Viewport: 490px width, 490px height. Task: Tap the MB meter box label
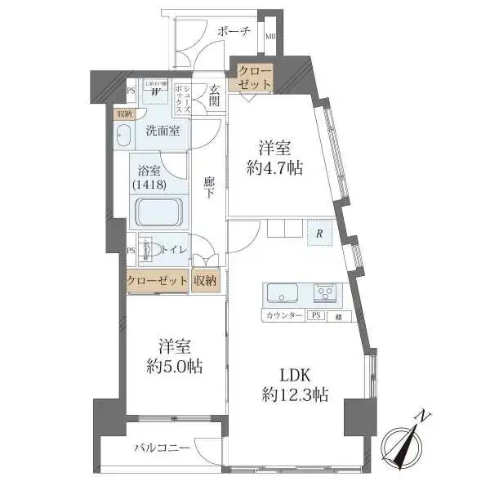270,35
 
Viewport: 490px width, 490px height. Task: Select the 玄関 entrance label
214,96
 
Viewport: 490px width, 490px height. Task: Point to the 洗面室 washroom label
163,131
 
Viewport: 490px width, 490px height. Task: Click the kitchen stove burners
327,292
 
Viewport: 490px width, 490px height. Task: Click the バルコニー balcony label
163,448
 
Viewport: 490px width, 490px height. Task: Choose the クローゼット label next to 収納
157,280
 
